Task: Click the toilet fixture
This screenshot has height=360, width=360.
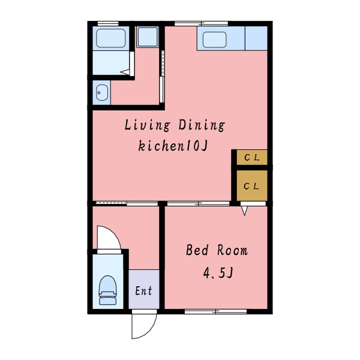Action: coord(107,290)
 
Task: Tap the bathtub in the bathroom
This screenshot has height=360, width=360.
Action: coord(110,38)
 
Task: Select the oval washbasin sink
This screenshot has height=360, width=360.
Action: coord(102,92)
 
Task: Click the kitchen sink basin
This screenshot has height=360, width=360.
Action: coord(214,40)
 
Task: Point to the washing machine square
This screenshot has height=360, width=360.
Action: coord(148,37)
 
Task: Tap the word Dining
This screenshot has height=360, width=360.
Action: coord(202,125)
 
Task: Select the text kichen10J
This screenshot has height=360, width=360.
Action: coord(173,146)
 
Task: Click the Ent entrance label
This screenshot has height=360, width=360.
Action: coord(143,290)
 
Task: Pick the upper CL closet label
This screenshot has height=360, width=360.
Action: coord(252,157)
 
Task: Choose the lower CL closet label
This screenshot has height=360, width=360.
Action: coord(251,186)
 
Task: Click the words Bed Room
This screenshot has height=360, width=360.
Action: coord(217,250)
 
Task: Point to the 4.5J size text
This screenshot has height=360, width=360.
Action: coord(218,273)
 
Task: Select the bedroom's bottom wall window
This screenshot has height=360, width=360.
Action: coord(215,311)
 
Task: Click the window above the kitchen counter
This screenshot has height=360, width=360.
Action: coord(201,23)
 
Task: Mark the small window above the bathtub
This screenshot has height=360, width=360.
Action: coord(108,23)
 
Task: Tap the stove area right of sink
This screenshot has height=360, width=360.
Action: coord(256,38)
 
